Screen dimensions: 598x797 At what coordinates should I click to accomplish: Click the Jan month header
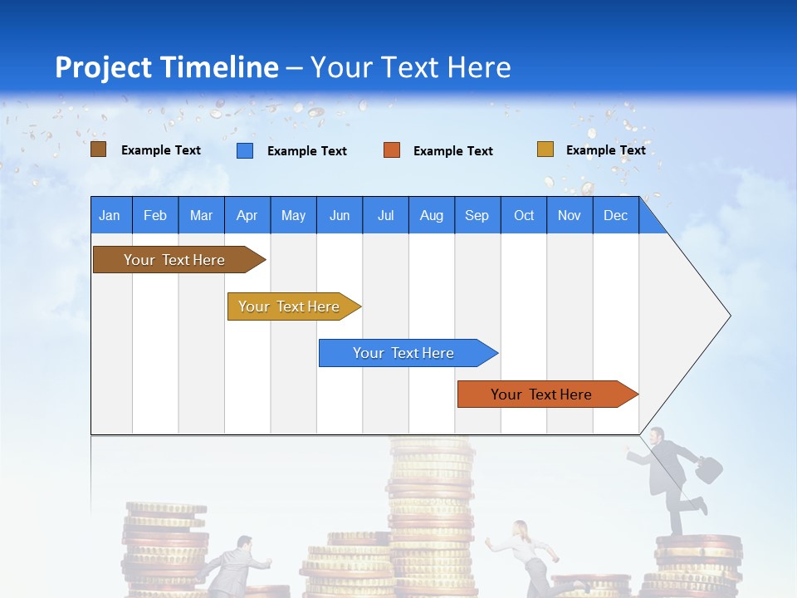(x=110, y=215)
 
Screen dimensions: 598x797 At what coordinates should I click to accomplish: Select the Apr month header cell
(x=247, y=215)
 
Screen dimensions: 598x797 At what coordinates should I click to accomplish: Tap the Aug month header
(x=431, y=215)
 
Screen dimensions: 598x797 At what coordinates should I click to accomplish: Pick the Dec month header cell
(x=615, y=215)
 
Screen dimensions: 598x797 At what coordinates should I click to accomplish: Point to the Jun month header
(x=339, y=215)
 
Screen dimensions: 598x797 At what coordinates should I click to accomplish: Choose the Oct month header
(x=523, y=215)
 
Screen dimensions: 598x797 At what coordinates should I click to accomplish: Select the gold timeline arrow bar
(x=291, y=306)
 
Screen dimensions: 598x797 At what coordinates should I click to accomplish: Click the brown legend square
(x=98, y=149)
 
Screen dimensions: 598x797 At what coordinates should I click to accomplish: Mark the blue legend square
(x=244, y=150)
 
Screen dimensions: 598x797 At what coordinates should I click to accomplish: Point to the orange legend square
(x=391, y=150)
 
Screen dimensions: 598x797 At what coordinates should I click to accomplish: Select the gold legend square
(x=545, y=149)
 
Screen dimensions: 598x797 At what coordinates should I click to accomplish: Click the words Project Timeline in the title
(x=166, y=67)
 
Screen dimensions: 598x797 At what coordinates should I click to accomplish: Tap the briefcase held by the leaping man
(x=708, y=469)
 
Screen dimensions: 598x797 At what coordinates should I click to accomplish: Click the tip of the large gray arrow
(x=729, y=316)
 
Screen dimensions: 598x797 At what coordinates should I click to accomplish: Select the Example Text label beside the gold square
(x=605, y=149)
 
